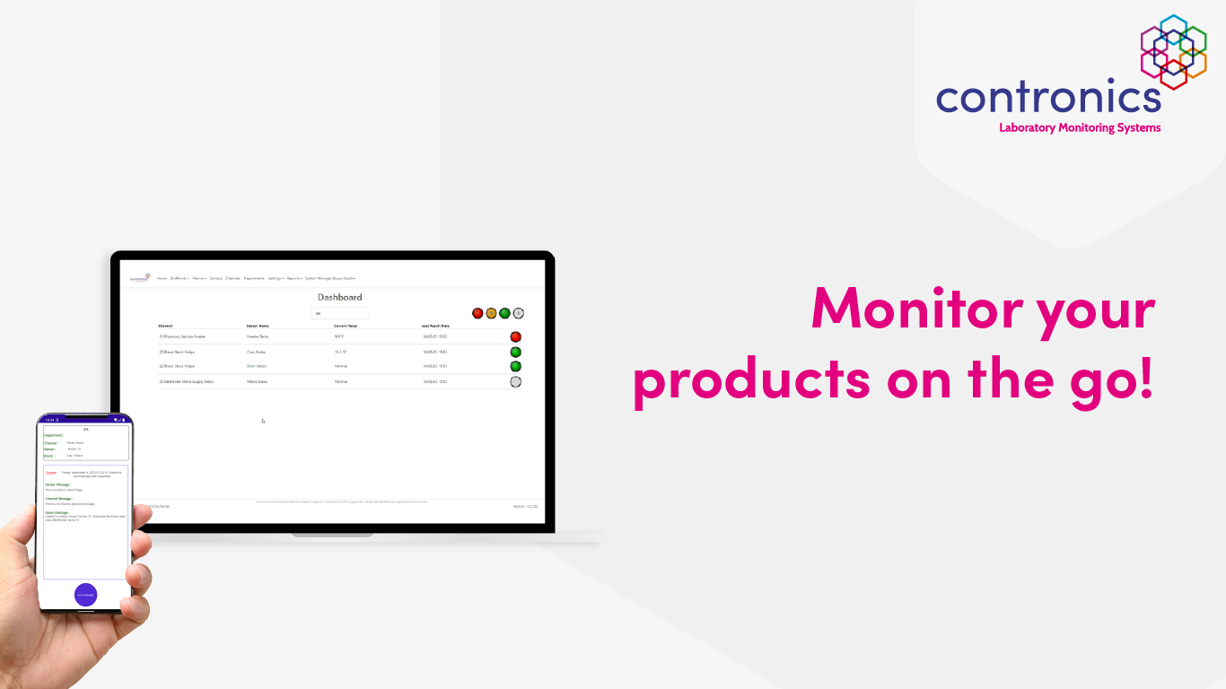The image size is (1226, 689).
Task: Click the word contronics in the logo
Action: click(x=1047, y=96)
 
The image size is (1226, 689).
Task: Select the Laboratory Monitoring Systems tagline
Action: click(x=1080, y=127)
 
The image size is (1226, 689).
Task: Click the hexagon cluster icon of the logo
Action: click(x=1173, y=51)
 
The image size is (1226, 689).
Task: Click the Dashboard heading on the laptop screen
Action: click(x=339, y=297)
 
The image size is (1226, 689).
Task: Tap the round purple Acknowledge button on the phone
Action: click(x=85, y=595)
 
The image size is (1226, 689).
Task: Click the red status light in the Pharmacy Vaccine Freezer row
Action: click(x=515, y=336)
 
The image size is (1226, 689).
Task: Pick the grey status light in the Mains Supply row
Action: click(x=515, y=381)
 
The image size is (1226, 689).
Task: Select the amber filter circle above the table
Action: click(x=491, y=313)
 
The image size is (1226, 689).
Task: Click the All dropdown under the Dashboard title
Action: click(x=339, y=313)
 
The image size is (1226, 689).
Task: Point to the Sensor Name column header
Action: click(x=258, y=326)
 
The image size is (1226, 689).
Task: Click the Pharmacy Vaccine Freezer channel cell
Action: click(x=182, y=336)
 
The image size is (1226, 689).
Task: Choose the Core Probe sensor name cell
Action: click(x=257, y=352)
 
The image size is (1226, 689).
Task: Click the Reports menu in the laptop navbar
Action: click(x=293, y=278)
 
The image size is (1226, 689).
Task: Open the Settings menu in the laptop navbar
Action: click(x=275, y=278)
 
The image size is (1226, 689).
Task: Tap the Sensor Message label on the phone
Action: click(x=57, y=484)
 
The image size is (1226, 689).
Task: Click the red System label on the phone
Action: click(x=51, y=472)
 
